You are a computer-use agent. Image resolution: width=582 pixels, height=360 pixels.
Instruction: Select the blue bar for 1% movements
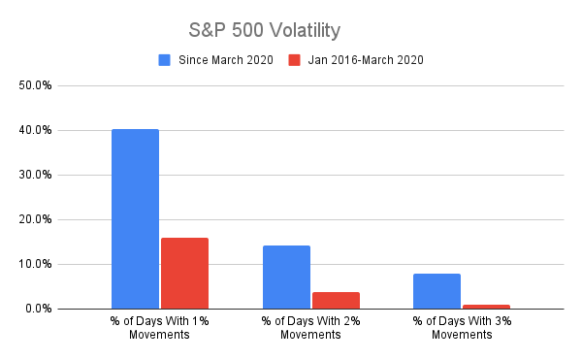click(x=135, y=218)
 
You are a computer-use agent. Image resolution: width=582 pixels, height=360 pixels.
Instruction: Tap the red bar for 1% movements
click(x=184, y=273)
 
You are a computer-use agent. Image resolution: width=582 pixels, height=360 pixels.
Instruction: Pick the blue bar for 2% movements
click(x=286, y=277)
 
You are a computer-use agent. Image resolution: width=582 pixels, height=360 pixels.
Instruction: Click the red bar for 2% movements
click(x=336, y=300)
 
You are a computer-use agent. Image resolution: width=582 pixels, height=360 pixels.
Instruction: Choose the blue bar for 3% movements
click(x=436, y=291)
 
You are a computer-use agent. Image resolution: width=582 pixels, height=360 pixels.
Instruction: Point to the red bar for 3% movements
click(x=486, y=307)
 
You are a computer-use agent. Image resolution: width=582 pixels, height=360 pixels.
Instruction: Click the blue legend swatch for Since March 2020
click(x=164, y=60)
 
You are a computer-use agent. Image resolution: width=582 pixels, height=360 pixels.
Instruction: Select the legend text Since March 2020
click(x=224, y=60)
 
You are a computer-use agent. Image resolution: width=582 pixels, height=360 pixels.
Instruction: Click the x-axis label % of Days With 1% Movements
click(x=160, y=328)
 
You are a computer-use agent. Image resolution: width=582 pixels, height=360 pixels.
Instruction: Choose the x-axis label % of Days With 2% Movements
click(x=310, y=328)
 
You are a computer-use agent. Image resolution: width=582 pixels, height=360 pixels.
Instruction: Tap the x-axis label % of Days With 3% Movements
click(x=461, y=328)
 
